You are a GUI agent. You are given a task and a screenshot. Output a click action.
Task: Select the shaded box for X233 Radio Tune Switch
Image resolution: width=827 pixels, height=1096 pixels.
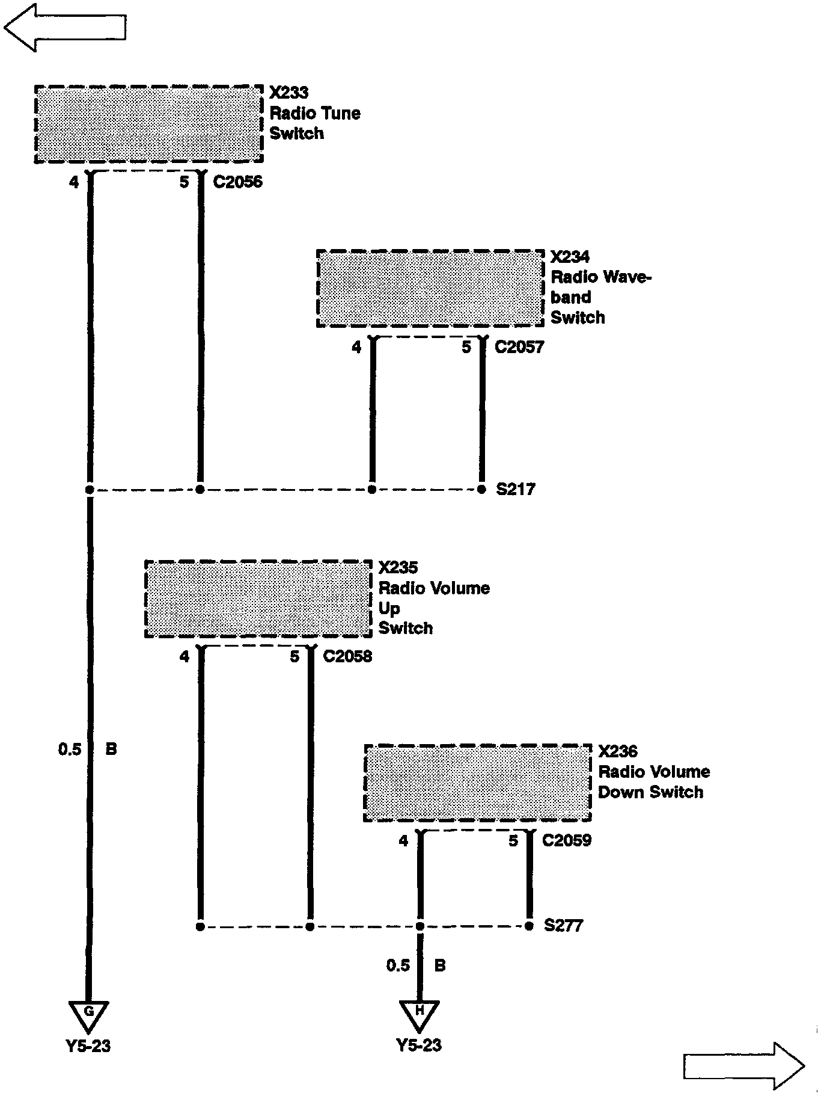[148, 124]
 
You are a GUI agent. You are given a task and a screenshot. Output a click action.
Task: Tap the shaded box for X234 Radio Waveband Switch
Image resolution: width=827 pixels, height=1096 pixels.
[430, 289]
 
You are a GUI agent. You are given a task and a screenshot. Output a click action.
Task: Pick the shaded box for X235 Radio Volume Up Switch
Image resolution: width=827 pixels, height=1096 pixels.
[258, 599]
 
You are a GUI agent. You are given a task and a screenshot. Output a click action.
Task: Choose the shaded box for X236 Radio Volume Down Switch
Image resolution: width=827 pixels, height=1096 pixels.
[478, 783]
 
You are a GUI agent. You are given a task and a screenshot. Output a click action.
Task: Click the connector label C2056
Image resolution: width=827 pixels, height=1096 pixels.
[238, 182]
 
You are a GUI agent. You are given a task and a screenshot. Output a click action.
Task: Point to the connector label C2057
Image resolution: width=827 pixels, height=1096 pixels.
[519, 347]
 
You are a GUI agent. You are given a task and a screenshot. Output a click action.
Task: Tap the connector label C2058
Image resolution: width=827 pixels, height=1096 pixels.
[347, 656]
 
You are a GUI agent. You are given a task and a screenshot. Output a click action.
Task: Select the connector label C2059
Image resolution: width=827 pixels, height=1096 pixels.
[567, 840]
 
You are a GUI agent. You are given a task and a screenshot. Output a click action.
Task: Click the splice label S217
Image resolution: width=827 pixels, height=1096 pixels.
[515, 490]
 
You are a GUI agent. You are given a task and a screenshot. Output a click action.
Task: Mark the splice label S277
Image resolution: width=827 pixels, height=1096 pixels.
[563, 926]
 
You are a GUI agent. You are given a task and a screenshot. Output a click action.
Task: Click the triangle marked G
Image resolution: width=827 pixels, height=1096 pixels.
[89, 1014]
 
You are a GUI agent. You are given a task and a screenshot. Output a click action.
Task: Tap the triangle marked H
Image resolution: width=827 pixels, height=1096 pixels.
[420, 1014]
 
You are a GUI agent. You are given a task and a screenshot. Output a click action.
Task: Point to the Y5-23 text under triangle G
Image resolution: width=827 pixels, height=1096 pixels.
[88, 1046]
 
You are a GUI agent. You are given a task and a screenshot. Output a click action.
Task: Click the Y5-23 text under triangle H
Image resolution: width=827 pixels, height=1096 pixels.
[419, 1045]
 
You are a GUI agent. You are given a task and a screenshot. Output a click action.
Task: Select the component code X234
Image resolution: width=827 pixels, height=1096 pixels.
[570, 257]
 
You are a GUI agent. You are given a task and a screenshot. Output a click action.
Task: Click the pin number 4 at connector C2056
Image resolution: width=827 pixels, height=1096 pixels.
[74, 182]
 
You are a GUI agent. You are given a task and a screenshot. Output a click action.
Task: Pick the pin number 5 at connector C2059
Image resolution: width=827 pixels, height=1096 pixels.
[513, 840]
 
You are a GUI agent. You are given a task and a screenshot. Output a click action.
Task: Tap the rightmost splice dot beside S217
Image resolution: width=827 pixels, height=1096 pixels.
[481, 490]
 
